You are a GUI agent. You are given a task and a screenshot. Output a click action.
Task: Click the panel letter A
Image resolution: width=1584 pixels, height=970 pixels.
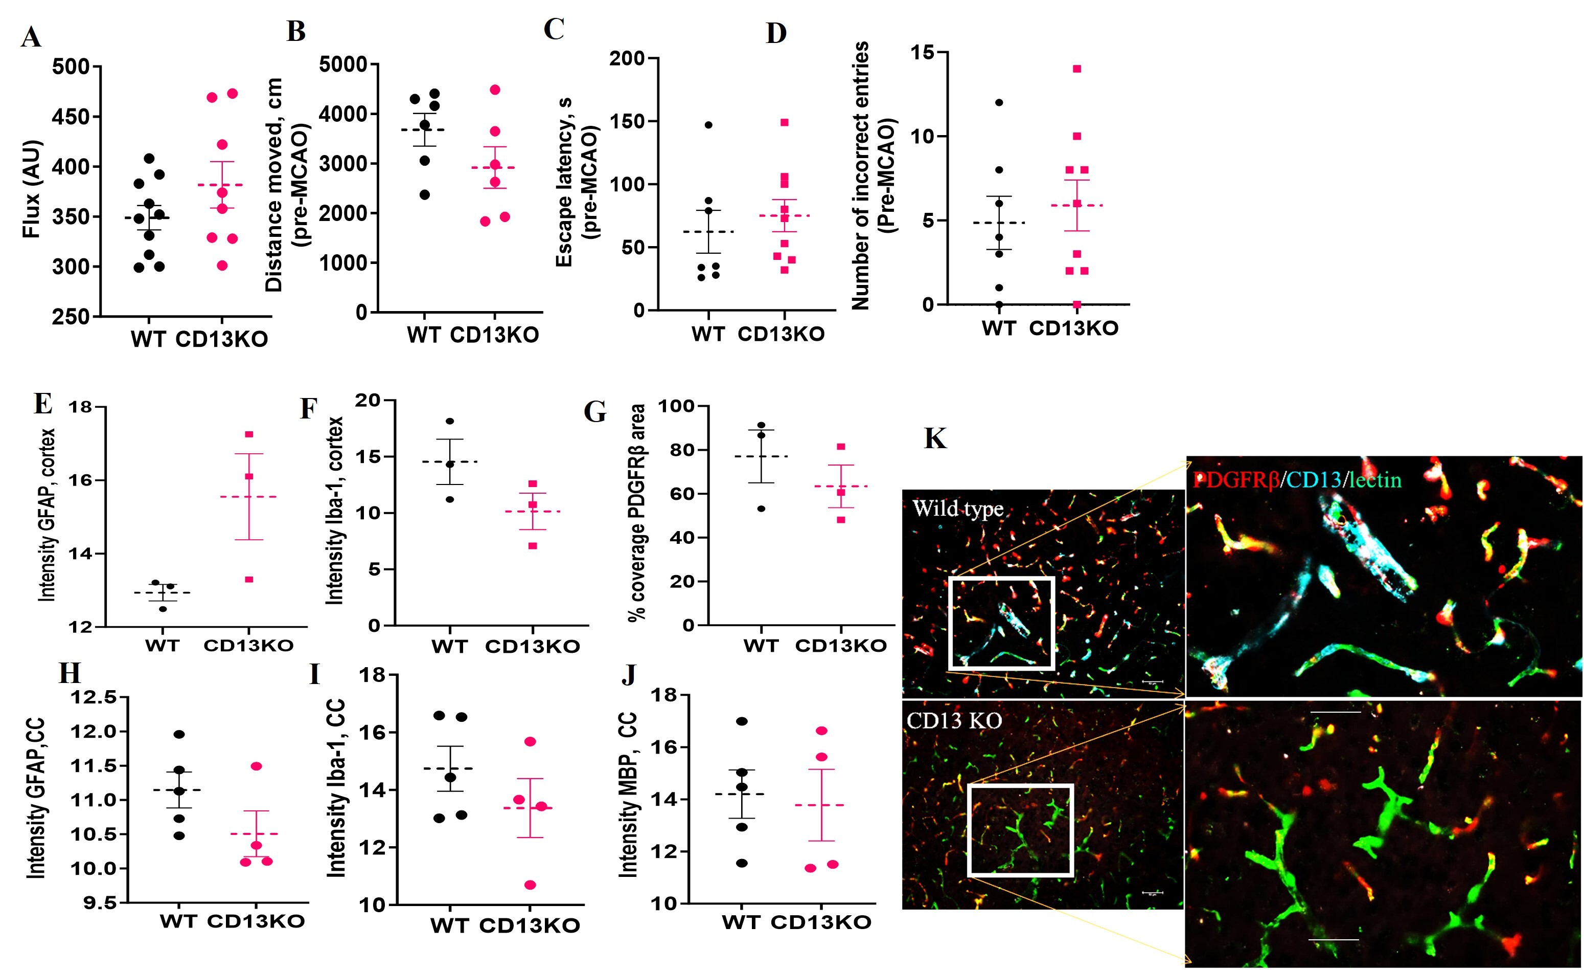pos(31,37)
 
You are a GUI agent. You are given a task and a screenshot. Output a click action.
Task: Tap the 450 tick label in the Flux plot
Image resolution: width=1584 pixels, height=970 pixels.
pos(72,117)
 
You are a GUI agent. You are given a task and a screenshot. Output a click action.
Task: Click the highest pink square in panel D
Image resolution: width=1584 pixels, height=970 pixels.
pos(1077,69)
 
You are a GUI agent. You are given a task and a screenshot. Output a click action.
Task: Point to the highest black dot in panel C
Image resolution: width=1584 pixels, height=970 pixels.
pos(708,125)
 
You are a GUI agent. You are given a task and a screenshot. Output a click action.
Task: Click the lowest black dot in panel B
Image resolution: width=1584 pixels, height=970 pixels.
pos(424,195)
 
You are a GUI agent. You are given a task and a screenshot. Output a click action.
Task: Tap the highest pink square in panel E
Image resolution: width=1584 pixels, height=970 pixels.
pos(249,434)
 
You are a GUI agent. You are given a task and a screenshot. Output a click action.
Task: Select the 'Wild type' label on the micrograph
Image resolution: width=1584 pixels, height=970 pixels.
pos(958,510)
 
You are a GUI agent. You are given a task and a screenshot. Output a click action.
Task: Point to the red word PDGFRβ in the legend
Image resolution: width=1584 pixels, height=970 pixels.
pos(1235,480)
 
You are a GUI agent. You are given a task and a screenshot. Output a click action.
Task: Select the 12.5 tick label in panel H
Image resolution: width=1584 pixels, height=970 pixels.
pos(94,697)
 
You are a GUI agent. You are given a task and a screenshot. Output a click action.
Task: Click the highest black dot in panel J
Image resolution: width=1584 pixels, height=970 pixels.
pos(742,721)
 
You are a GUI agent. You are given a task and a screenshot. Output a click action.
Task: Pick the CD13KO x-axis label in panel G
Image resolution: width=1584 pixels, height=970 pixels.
pos(841,646)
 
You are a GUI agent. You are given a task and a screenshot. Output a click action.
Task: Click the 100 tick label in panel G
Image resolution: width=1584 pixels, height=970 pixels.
pos(676,407)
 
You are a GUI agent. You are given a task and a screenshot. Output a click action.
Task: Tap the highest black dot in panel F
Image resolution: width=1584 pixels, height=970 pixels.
pos(450,422)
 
